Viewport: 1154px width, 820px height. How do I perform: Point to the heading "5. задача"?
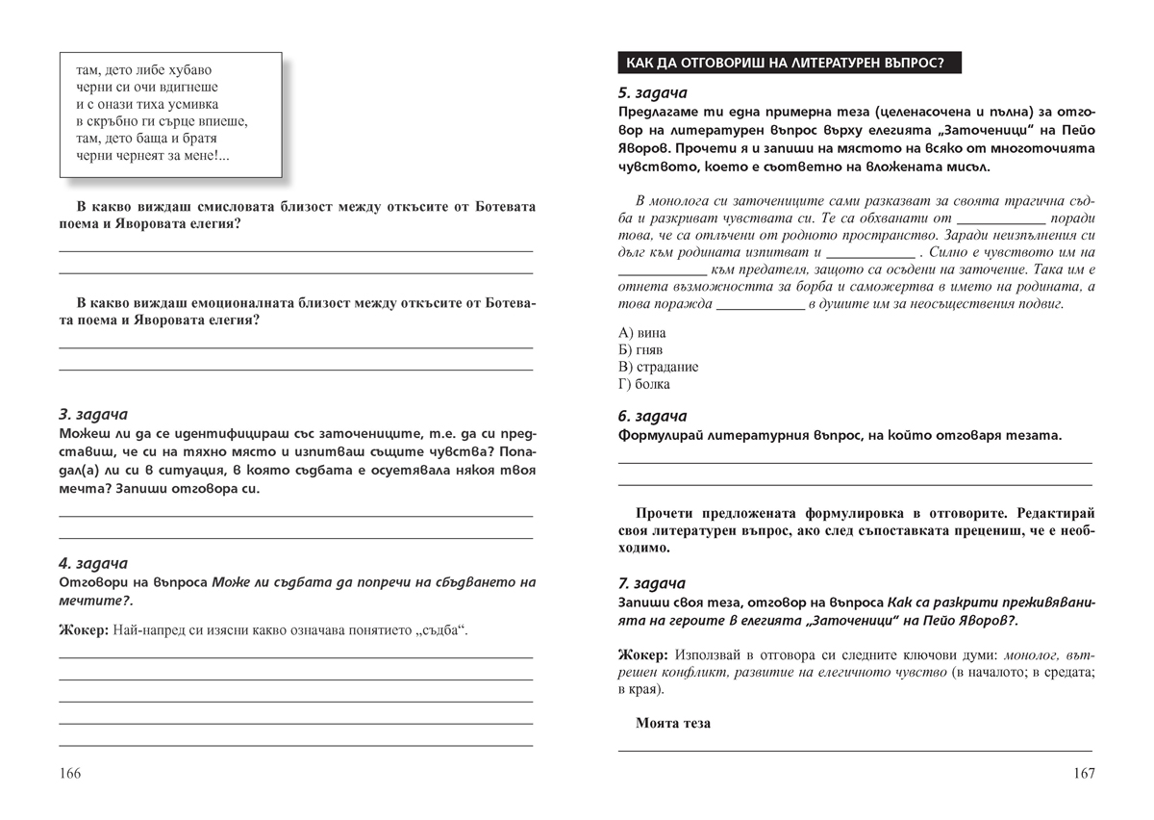coord(651,93)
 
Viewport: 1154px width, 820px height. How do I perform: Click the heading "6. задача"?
coord(651,416)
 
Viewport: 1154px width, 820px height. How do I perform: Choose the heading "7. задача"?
coord(651,583)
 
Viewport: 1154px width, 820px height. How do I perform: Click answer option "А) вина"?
coord(639,332)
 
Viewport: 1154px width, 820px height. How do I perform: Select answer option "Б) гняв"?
coord(640,349)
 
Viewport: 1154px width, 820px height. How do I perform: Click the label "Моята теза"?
coord(673,723)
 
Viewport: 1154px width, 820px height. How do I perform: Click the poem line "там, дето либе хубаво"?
coord(143,71)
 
